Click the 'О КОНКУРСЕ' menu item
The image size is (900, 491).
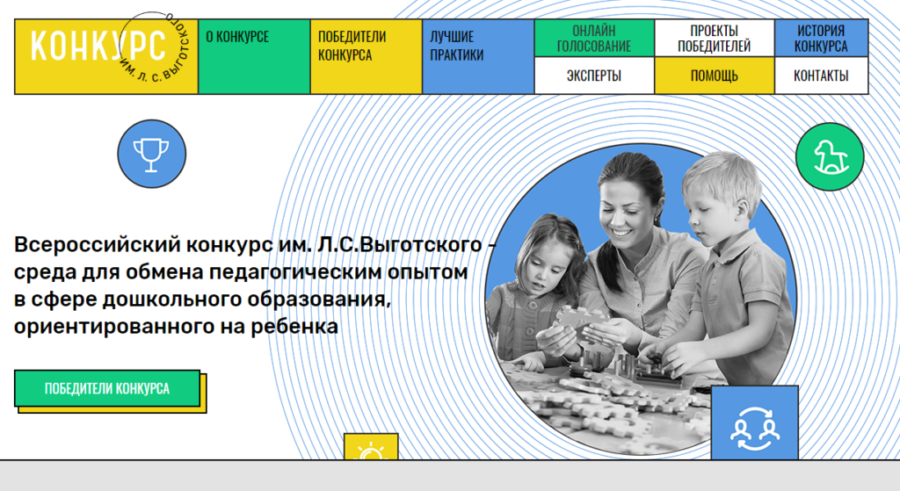[x=254, y=56]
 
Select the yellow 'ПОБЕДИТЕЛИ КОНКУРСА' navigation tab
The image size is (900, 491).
[x=367, y=56]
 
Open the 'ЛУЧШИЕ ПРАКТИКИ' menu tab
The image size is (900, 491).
[x=478, y=56]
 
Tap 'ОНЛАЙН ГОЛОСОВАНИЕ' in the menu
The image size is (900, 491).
[x=594, y=38]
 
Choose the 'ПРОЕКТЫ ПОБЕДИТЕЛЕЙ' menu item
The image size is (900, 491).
[x=714, y=38]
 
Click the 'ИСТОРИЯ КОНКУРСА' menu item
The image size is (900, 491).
[x=821, y=38]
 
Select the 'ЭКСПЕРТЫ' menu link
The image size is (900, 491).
[x=594, y=76]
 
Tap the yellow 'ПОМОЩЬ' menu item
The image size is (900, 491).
[x=714, y=76]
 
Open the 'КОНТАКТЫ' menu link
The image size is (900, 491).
[x=821, y=76]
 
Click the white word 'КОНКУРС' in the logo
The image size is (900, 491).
[x=98, y=46]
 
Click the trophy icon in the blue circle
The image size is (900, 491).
[x=151, y=154]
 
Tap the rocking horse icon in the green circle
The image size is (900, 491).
[x=830, y=156]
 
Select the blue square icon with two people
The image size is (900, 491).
[x=755, y=423]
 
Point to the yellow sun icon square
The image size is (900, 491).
[x=371, y=447]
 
